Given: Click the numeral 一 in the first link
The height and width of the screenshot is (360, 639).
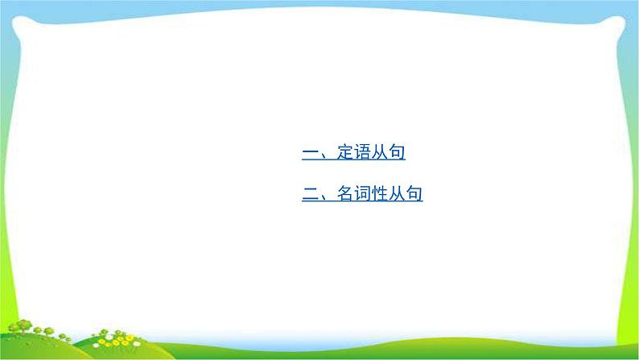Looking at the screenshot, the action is (311, 153).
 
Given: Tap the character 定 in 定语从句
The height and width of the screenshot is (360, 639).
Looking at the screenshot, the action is (345, 152).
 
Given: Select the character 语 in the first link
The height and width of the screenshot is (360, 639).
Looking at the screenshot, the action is (362, 152).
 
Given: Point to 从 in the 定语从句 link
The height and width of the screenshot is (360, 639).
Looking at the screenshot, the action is (379, 152).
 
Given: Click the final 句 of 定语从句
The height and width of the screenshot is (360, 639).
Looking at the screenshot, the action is (397, 152).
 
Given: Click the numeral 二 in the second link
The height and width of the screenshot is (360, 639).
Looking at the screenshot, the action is (311, 193).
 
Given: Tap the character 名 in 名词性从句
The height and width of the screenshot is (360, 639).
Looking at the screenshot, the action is (345, 193).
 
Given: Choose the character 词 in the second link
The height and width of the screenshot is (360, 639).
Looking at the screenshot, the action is (362, 193).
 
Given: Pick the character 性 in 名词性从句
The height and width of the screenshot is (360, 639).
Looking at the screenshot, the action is (379, 193).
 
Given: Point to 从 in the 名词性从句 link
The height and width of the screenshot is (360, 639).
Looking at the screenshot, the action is (397, 193).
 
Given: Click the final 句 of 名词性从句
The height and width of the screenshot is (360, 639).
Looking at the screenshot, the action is (414, 193).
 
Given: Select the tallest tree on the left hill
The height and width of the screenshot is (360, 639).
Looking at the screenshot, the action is (23, 325).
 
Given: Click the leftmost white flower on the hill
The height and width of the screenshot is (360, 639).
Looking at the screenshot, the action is (97, 345).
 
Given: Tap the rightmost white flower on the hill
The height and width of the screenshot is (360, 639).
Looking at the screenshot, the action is (137, 344).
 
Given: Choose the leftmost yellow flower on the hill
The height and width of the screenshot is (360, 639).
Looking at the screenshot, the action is (101, 341).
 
